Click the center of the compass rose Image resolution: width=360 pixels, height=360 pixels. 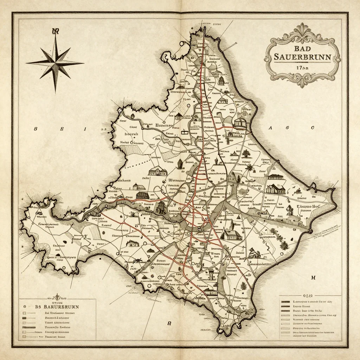coord(55,63)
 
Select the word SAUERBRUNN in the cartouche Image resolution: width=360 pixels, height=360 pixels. coord(302,57)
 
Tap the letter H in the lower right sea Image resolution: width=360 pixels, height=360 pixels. coord(312,278)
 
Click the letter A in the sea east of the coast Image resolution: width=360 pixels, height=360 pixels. coord(271,128)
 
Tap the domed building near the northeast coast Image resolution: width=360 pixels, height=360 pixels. coord(240,122)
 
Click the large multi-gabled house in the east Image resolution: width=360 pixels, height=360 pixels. coord(276,189)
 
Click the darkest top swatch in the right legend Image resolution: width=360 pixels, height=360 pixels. coord(285,302)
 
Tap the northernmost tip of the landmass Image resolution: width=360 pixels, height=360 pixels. coord(205,28)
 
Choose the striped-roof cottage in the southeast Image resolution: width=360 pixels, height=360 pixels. coord(254,252)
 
